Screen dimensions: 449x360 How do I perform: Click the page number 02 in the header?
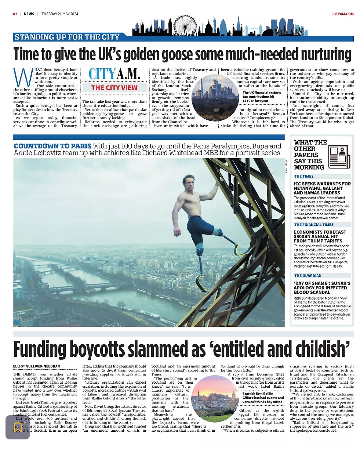(x=15, y=14)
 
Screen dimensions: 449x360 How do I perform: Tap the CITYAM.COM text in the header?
(x=343, y=14)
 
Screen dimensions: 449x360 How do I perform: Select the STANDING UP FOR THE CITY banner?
(x=67, y=37)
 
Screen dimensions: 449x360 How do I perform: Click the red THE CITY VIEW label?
(x=114, y=88)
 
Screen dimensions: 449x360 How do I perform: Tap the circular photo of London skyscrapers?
(x=215, y=97)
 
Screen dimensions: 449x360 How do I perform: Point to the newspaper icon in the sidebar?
(x=339, y=156)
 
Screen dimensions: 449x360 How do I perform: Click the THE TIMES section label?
(x=304, y=176)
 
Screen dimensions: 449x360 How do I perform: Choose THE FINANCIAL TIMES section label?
(x=314, y=225)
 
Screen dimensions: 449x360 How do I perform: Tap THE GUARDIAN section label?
(x=308, y=276)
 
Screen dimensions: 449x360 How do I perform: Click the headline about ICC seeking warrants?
(x=322, y=188)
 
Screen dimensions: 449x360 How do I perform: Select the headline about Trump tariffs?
(x=320, y=236)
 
